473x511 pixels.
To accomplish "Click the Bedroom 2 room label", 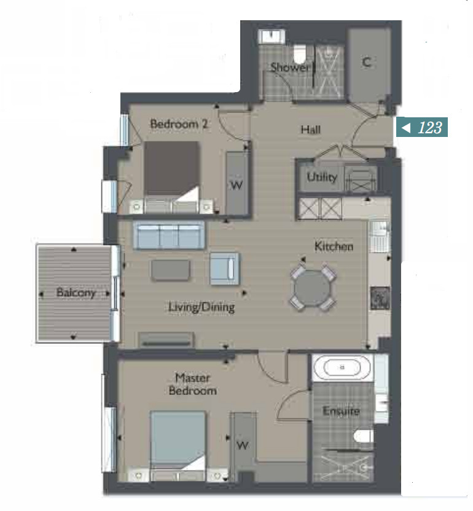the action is tap(179, 124).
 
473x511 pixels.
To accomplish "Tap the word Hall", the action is tap(310, 130).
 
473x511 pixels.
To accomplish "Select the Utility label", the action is tap(322, 177).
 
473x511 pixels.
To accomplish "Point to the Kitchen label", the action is tap(334, 246).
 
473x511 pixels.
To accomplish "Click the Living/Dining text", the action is tap(201, 307).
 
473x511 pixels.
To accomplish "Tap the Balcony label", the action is tap(76, 292).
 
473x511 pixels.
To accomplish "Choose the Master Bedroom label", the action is tap(193, 384).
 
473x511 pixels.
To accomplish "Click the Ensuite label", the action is tap(341, 411).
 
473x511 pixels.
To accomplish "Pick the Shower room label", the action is tap(289, 67).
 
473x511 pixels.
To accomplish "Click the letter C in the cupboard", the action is tap(367, 62).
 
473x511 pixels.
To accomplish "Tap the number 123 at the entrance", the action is tap(430, 127).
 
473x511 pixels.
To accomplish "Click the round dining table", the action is tap(312, 288).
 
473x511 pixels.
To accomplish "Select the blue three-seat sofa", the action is tap(168, 235).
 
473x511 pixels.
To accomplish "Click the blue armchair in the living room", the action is tap(225, 268).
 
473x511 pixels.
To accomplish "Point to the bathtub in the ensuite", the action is tap(342, 367).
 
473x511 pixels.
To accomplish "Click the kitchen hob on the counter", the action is tap(380, 298).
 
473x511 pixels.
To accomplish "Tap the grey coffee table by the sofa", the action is tap(170, 270).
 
